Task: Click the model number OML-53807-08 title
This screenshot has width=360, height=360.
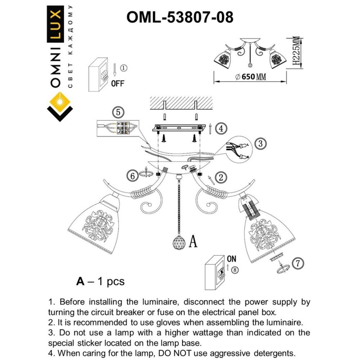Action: tap(180, 17)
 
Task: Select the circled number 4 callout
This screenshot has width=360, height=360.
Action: tap(221, 129)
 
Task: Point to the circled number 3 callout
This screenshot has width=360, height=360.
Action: tap(260, 144)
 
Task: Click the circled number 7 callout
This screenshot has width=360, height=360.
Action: tap(298, 264)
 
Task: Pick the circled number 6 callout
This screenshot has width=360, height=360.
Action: tap(132, 176)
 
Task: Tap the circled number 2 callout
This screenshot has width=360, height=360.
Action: tap(221, 177)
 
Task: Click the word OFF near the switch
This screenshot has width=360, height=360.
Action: tap(117, 84)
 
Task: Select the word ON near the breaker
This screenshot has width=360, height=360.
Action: tap(231, 259)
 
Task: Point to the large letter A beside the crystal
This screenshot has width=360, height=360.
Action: tap(193, 241)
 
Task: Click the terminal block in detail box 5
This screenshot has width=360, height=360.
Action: tap(123, 128)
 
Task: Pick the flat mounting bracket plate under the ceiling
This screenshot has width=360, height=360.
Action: tap(179, 128)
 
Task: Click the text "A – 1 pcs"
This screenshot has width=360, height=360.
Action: tap(100, 281)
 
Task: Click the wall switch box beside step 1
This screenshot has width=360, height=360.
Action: tap(98, 75)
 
